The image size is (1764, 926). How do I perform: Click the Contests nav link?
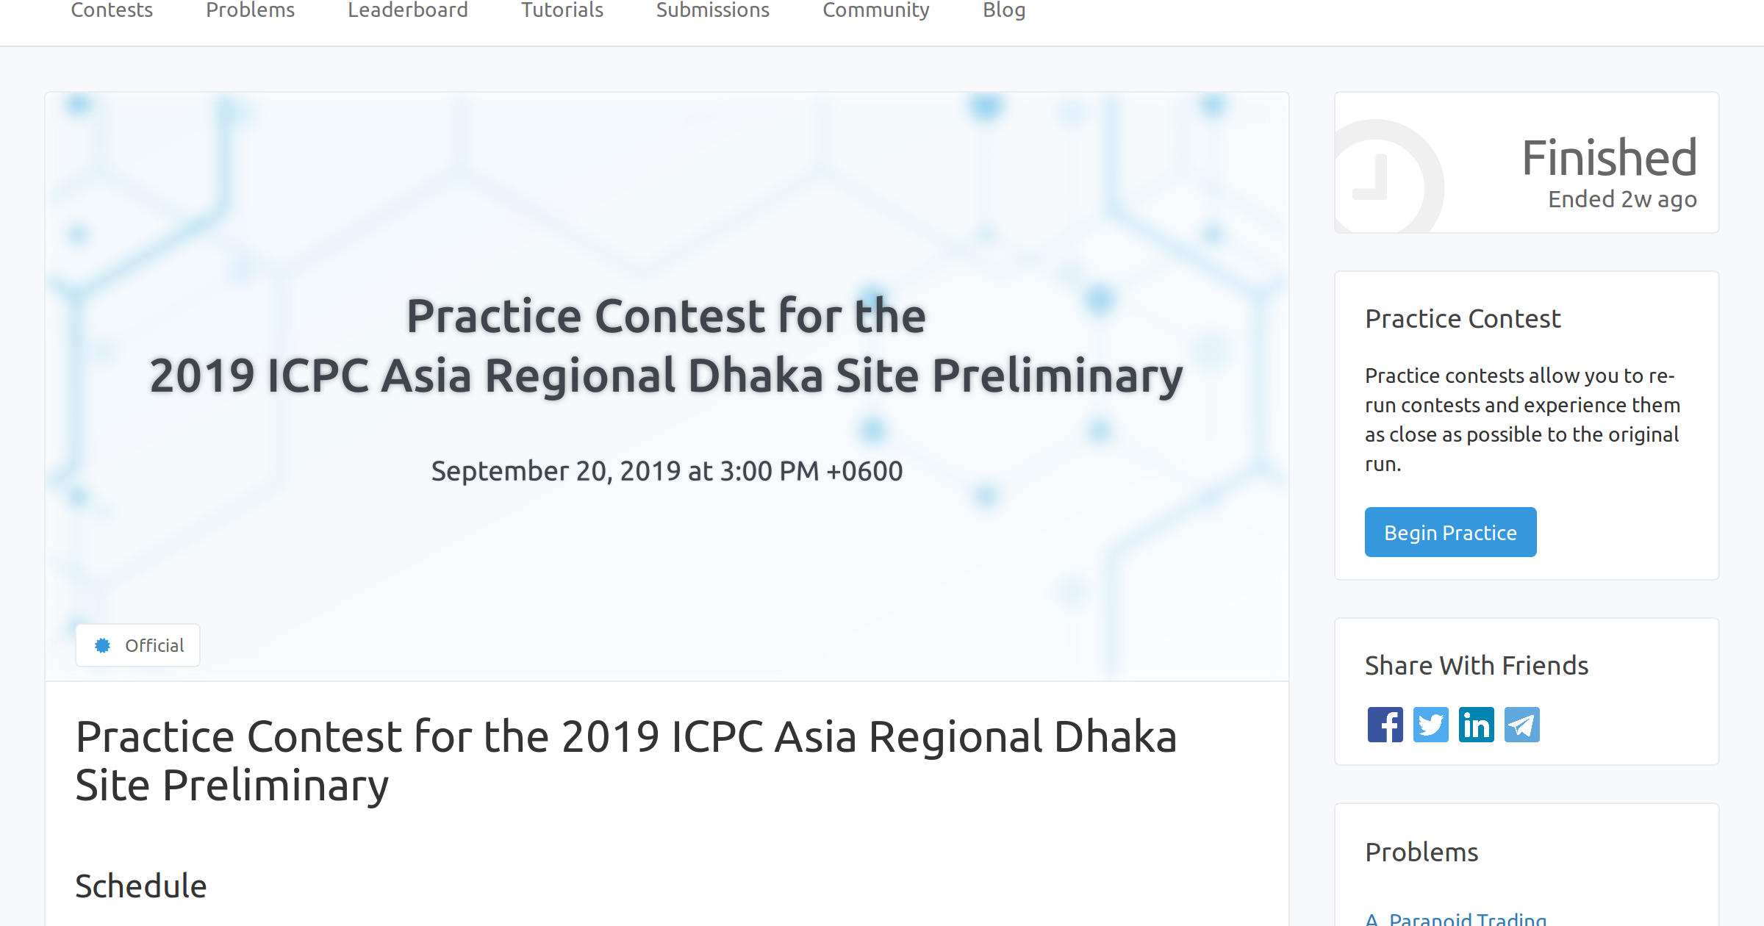112,10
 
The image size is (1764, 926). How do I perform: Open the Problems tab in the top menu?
250,10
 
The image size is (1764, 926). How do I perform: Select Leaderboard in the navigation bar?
408,10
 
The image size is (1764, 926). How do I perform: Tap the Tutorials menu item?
562,10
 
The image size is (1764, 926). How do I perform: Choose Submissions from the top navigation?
713,10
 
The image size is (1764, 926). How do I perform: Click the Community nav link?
876,10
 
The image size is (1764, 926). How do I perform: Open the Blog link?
1004,10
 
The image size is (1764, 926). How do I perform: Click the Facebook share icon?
1385,725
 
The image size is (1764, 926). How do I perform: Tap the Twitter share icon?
1431,725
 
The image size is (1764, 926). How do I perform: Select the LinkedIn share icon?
1477,725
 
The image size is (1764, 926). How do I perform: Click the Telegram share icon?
1522,725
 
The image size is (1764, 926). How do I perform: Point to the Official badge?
138,645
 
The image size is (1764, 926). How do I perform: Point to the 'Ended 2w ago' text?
1622,199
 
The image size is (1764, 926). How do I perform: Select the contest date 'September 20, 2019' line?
667,470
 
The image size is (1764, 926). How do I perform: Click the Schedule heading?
141,886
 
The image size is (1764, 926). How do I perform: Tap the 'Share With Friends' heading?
1477,665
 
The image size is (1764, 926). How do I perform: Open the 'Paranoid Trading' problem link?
1467,919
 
